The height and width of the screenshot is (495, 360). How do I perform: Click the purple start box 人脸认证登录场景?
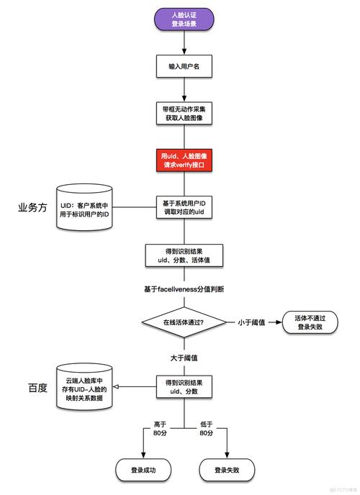coord(184,19)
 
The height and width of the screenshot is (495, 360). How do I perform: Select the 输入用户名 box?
coord(184,65)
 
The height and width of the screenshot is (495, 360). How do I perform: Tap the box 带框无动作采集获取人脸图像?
coord(184,112)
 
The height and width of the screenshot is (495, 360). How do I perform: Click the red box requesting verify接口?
coord(184,160)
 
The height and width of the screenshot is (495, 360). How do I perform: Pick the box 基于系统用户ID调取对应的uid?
coord(184,206)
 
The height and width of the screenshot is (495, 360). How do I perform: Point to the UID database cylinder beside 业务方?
coord(86,208)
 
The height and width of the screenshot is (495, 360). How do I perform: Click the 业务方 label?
coord(32,208)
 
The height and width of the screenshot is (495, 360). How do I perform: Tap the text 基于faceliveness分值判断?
coord(184,289)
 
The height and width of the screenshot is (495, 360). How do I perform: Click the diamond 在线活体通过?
coord(184,322)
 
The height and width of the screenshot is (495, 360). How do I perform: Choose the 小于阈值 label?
coord(253,322)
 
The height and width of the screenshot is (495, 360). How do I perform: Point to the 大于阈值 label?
coord(184,357)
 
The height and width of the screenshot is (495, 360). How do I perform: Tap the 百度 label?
coord(37,387)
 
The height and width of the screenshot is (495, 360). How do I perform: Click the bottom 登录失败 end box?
coord(227,470)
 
